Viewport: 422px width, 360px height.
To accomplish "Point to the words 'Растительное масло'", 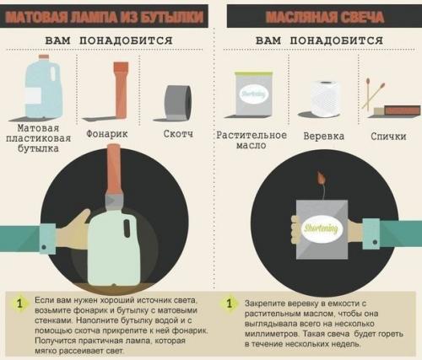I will click(252, 140).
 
